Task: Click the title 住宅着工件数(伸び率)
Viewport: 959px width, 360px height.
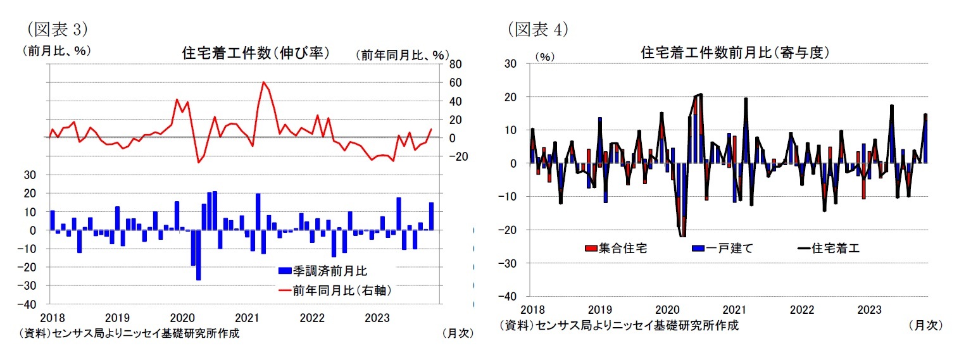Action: (x=255, y=53)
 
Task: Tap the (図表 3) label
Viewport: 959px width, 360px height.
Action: (x=56, y=28)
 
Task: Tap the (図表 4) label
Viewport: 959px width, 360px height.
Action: (x=537, y=28)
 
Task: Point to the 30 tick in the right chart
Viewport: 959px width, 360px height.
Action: (x=510, y=64)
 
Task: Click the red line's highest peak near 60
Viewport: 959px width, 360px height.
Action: (x=263, y=82)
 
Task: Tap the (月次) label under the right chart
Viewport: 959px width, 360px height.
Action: (x=925, y=325)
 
